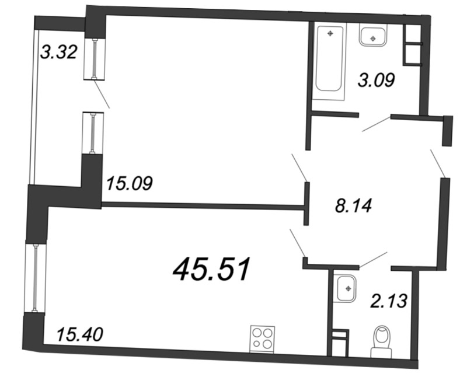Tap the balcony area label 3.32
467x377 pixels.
(x=58, y=53)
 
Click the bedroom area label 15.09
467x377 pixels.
(x=129, y=184)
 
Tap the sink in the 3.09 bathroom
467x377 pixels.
(x=372, y=37)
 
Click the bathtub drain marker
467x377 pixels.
(x=331, y=33)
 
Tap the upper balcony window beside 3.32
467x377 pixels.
(x=94, y=58)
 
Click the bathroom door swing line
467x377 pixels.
(x=376, y=124)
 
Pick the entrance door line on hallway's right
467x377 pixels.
(x=438, y=163)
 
